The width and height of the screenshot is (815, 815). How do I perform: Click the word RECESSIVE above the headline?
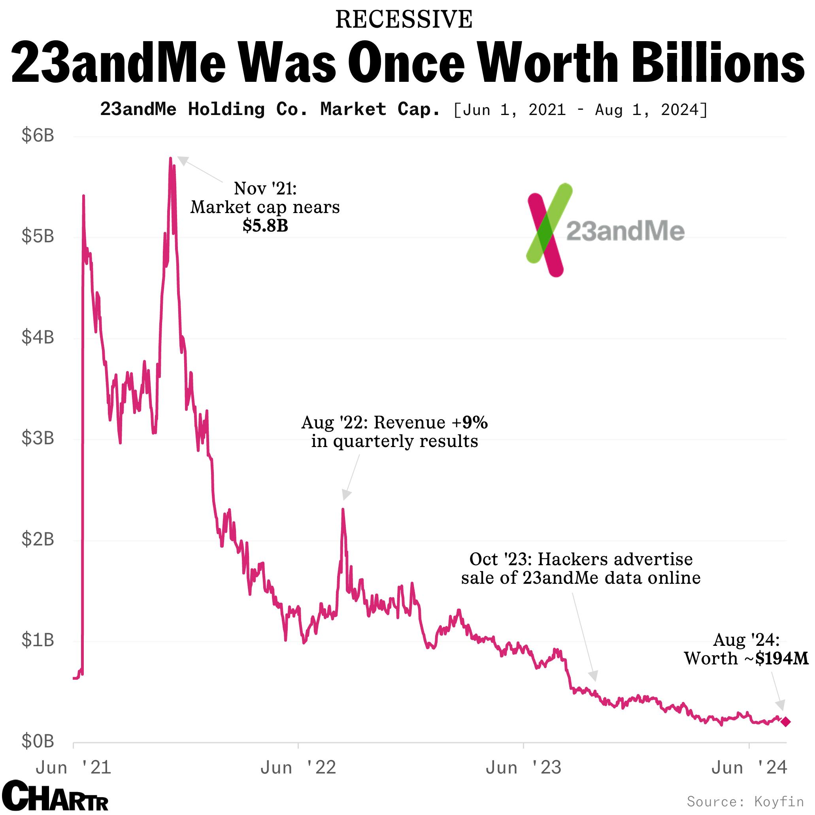coord(404,20)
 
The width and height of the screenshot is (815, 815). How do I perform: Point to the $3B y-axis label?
coord(38,438)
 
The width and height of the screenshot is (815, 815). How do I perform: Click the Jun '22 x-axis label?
coord(298,768)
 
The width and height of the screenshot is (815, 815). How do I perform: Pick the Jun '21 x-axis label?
coord(74,768)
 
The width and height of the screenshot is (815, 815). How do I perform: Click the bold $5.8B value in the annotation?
coord(265,226)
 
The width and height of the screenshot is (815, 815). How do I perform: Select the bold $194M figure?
coord(782,658)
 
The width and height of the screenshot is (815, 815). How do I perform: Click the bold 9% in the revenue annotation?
coord(475,422)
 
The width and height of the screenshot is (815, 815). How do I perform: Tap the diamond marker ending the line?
coord(785,722)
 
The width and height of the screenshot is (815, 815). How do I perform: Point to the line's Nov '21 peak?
coord(170,158)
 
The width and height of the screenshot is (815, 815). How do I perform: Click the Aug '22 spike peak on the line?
coord(343,509)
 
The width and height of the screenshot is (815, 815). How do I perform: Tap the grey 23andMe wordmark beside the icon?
coord(625,231)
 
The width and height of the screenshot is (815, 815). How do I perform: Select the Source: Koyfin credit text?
coord(745,801)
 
